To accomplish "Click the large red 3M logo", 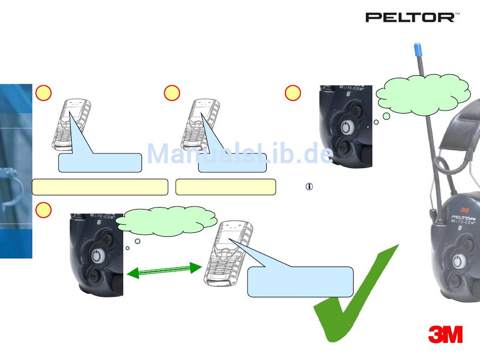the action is pos(445,334).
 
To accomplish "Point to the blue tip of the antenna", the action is pos(417,49).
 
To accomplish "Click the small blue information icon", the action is pos(309,186).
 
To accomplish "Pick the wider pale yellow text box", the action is pos(100,186).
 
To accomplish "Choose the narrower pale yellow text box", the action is pos(225,186).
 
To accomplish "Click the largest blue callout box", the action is pos(300,282).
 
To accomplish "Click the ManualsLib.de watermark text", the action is pos(240,153).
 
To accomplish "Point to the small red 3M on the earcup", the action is pos(463,212).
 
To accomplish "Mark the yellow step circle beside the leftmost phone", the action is pos(43,93).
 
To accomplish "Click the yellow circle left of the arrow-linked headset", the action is pos(43,210).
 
